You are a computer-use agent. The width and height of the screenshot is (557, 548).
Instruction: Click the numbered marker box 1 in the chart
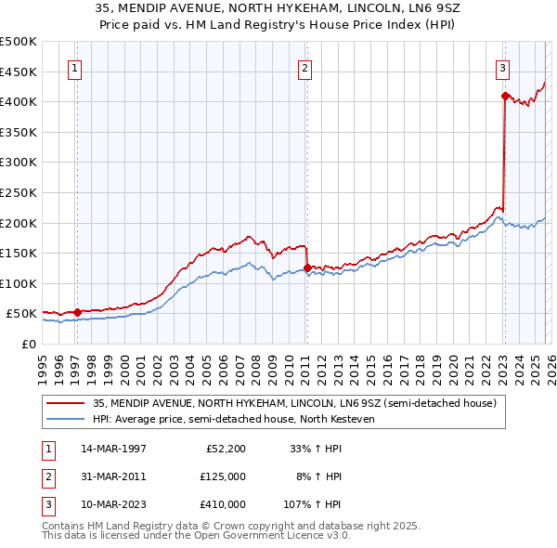(x=73, y=67)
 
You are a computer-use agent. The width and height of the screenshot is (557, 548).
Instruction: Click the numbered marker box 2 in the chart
(x=304, y=67)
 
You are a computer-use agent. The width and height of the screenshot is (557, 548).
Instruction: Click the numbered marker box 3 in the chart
(x=501, y=67)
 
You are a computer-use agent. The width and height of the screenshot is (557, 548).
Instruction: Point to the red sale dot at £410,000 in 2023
(x=504, y=95)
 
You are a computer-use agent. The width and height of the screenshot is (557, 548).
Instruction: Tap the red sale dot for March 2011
(x=307, y=267)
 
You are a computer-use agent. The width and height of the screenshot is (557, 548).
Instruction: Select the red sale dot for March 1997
(x=78, y=312)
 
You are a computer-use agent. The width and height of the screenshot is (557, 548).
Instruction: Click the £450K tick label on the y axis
(x=19, y=72)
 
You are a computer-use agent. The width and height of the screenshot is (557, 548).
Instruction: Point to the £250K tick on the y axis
(x=19, y=192)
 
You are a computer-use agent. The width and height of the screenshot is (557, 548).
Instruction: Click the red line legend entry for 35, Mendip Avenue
(x=295, y=403)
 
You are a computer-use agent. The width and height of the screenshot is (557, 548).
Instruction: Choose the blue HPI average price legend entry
(x=232, y=420)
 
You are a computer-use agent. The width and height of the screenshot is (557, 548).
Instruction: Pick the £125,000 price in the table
(x=224, y=476)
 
